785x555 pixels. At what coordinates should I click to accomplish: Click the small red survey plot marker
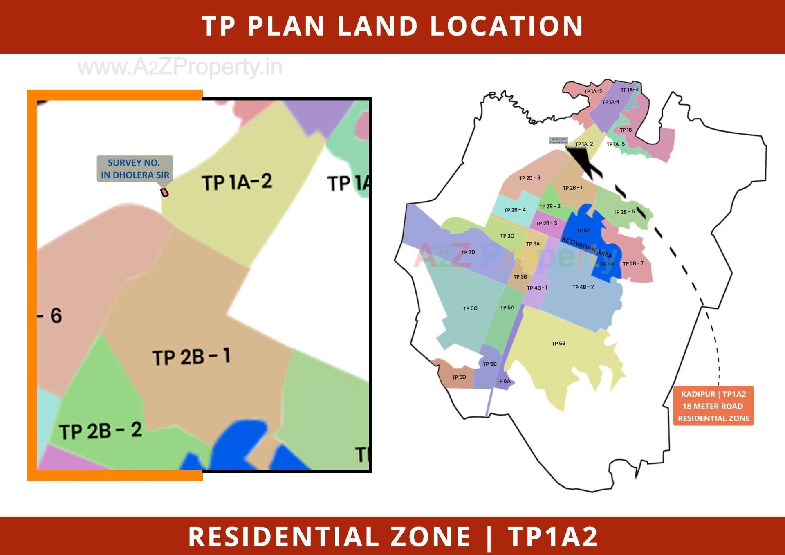(164, 192)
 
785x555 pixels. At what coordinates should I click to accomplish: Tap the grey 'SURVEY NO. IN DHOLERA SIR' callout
(135, 169)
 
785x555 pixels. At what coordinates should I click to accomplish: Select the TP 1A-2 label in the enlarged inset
(237, 182)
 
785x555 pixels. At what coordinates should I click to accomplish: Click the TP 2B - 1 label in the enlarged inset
(191, 357)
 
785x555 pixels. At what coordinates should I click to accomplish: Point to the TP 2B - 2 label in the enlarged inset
(101, 431)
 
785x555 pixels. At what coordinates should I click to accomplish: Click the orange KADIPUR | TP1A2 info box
(713, 406)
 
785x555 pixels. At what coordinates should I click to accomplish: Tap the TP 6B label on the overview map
(558, 344)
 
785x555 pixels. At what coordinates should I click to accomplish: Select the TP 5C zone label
(470, 308)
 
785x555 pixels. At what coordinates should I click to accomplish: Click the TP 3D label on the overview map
(468, 252)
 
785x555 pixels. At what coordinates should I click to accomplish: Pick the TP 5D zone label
(459, 377)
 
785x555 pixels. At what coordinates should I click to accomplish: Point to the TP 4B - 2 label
(583, 287)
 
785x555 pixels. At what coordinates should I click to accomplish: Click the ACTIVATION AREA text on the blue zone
(586, 247)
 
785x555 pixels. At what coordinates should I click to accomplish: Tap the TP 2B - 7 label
(633, 263)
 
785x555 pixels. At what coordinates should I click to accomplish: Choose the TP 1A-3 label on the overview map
(593, 91)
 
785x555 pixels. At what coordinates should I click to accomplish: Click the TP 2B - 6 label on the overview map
(529, 178)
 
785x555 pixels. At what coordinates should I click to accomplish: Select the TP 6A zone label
(503, 381)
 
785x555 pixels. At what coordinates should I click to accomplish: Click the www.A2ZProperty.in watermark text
(180, 67)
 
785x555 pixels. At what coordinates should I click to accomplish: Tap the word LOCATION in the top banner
(506, 26)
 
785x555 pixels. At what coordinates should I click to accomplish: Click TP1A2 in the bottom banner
(553, 536)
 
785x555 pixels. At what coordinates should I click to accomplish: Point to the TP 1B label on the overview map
(626, 130)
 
